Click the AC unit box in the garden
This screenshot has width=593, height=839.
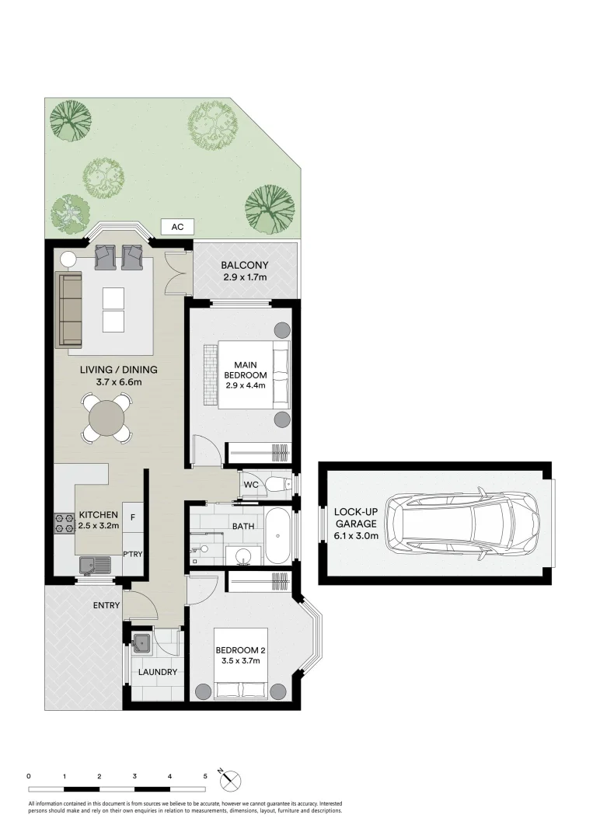(177, 227)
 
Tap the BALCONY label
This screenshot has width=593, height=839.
(245, 265)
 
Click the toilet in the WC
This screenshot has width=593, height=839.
(275, 485)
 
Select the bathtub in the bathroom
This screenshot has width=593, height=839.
(278, 535)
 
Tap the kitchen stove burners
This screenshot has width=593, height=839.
(64, 524)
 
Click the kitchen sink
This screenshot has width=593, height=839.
(94, 565)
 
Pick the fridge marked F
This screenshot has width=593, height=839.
(132, 517)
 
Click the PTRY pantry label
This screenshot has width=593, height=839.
(133, 554)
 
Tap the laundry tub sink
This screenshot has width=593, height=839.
(141, 642)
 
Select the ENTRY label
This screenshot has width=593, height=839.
(106, 605)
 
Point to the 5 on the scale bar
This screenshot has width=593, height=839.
(205, 776)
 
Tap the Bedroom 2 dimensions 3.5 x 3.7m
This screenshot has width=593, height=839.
(241, 660)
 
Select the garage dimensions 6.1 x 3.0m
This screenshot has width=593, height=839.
(357, 535)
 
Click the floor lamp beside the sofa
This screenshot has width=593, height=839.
(68, 260)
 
